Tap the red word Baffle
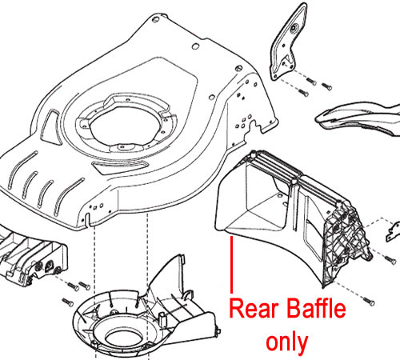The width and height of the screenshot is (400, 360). pyautogui.click(x=316, y=308)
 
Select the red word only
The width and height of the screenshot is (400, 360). pyautogui.click(x=287, y=343)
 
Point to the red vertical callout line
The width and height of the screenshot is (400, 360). pyautogui.click(x=231, y=265)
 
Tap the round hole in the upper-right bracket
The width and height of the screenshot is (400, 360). pyautogui.click(x=294, y=27)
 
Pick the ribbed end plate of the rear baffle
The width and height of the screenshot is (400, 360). pyautogui.click(x=346, y=242)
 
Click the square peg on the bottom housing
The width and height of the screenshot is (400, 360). pyautogui.click(x=162, y=317)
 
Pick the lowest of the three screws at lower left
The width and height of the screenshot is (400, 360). pyautogui.click(x=67, y=302)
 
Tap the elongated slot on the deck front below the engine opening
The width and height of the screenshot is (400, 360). pyautogui.click(x=120, y=166)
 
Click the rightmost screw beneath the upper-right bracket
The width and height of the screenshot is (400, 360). pyautogui.click(x=327, y=86)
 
